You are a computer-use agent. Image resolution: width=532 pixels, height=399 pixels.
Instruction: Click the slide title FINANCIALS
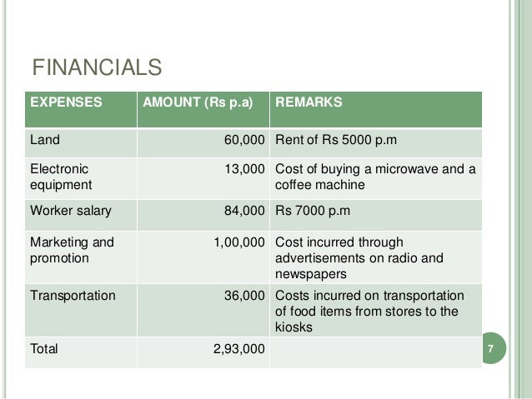click(x=96, y=66)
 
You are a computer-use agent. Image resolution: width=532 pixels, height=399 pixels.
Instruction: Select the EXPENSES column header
click(x=67, y=103)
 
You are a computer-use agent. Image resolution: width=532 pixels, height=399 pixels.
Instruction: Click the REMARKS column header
click(x=309, y=103)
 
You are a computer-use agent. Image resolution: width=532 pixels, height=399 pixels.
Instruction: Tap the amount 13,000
click(x=244, y=169)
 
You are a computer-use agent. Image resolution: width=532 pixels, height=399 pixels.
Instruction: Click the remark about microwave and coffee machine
click(x=374, y=177)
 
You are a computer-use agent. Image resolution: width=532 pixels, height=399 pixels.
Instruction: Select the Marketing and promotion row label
click(x=70, y=249)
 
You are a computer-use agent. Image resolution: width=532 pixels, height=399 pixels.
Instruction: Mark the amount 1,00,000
click(x=239, y=242)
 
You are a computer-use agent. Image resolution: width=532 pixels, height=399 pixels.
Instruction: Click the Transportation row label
click(x=73, y=295)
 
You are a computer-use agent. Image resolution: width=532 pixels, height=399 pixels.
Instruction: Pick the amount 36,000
click(x=244, y=295)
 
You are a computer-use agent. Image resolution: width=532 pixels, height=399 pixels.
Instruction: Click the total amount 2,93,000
click(x=239, y=349)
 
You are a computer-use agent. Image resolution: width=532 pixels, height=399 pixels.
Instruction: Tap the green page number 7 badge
click(x=491, y=349)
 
